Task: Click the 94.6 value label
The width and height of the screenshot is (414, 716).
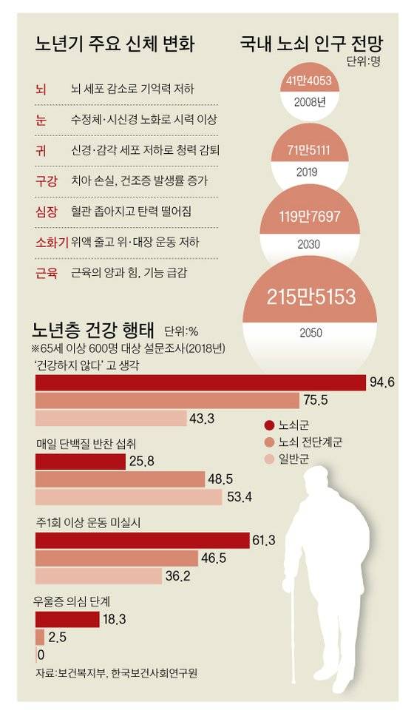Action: pos(384,382)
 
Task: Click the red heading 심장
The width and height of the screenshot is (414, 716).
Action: pos(46,212)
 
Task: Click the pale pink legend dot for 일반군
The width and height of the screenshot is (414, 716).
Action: pos(270,459)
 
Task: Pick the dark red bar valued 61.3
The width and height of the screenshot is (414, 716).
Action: pos(142,541)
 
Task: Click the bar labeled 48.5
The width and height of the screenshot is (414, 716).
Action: pos(119,479)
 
